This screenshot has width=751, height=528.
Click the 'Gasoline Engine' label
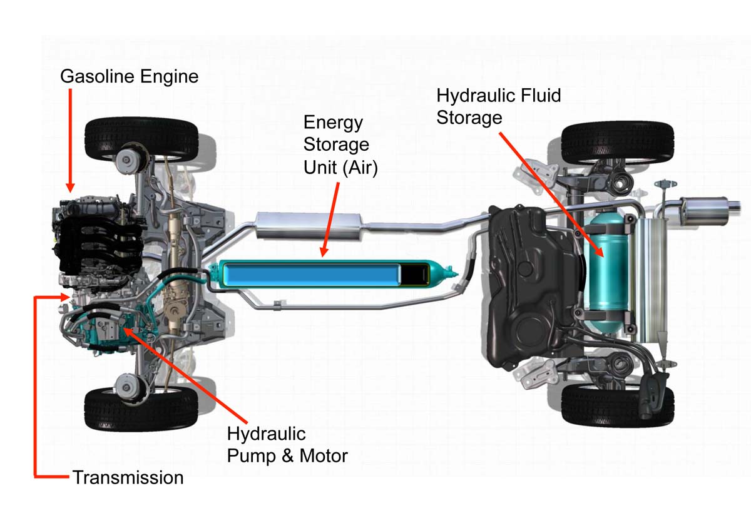pyautogui.click(x=129, y=77)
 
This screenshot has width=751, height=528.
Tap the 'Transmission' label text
pyautogui.click(x=128, y=478)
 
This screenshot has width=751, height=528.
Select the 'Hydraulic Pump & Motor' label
pyautogui.click(x=287, y=445)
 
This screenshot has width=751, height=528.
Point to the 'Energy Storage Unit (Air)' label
pyautogui.click(x=340, y=145)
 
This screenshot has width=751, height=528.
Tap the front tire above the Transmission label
pyautogui.click(x=140, y=409)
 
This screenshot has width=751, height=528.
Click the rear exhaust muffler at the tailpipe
pyautogui.click(x=707, y=208)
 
